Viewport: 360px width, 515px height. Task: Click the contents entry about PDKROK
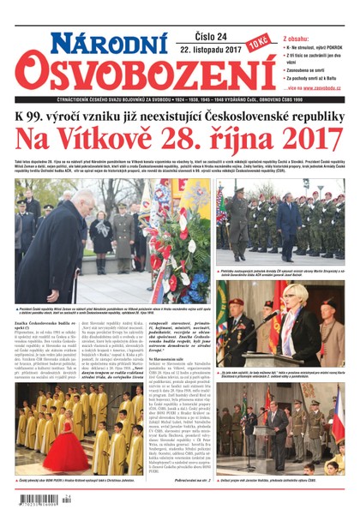(315, 49)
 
